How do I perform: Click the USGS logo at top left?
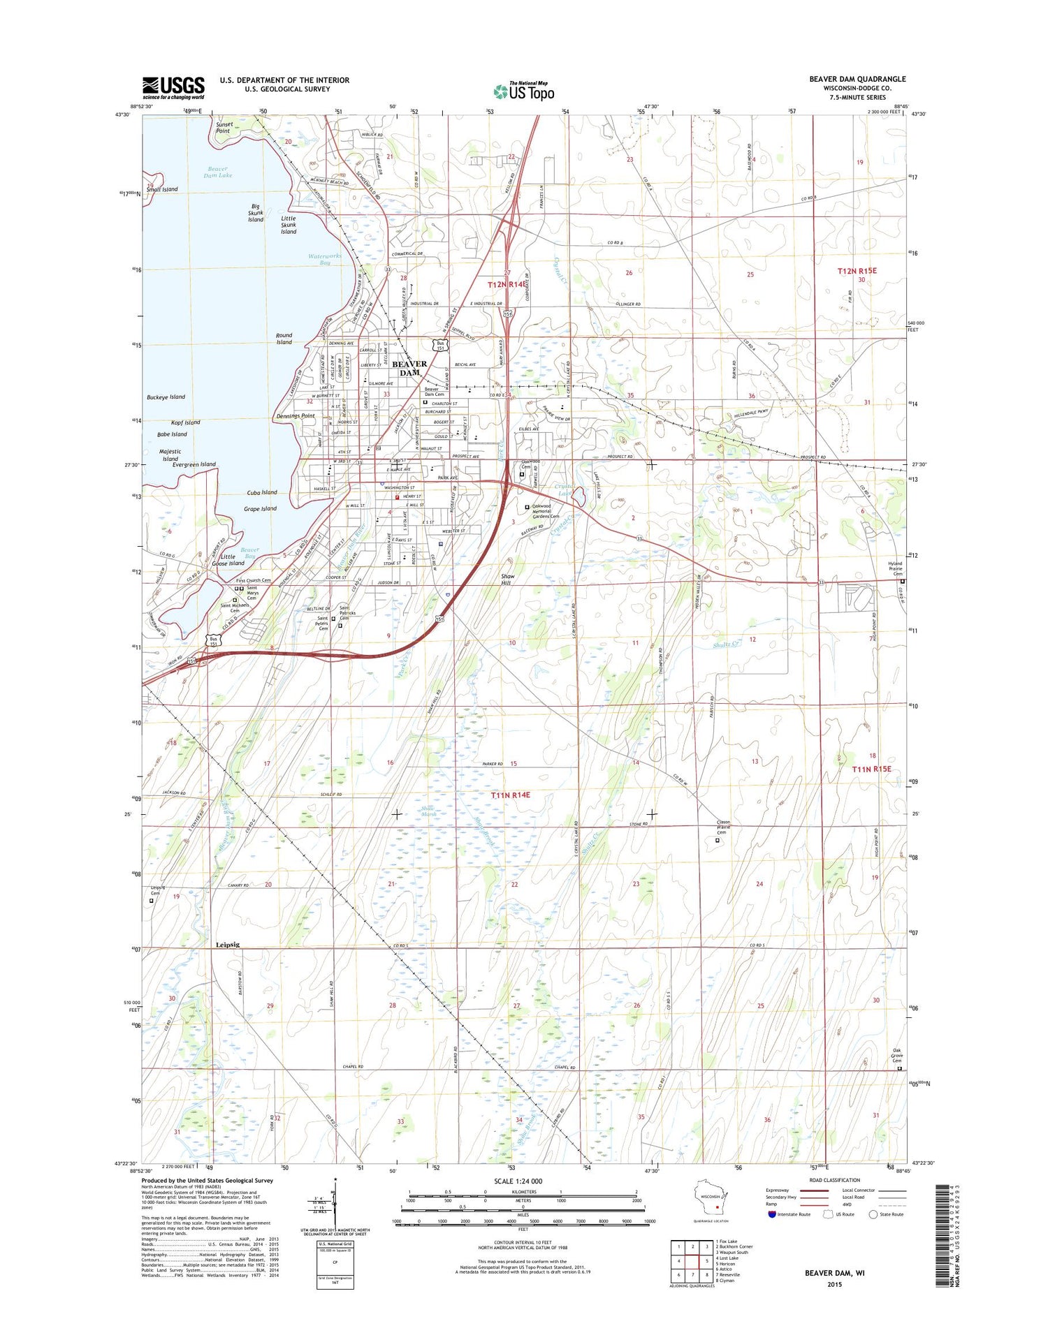click(x=173, y=87)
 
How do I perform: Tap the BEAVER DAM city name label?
click(x=409, y=368)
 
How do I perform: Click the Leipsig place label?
click(x=227, y=945)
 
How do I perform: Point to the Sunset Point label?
click(x=223, y=128)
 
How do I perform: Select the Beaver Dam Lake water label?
click(x=218, y=172)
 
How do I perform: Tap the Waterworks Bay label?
click(x=325, y=259)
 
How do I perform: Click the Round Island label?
click(x=284, y=339)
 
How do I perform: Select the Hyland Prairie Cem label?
click(x=895, y=568)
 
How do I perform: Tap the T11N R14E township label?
click(x=510, y=795)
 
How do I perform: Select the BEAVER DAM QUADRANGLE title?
click(x=857, y=79)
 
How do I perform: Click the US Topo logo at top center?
click(x=524, y=91)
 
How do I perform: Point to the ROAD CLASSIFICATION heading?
click(x=836, y=1180)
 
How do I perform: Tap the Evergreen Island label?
click(x=194, y=464)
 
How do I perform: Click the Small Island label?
click(x=162, y=189)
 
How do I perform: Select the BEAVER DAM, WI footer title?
click(x=834, y=1273)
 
